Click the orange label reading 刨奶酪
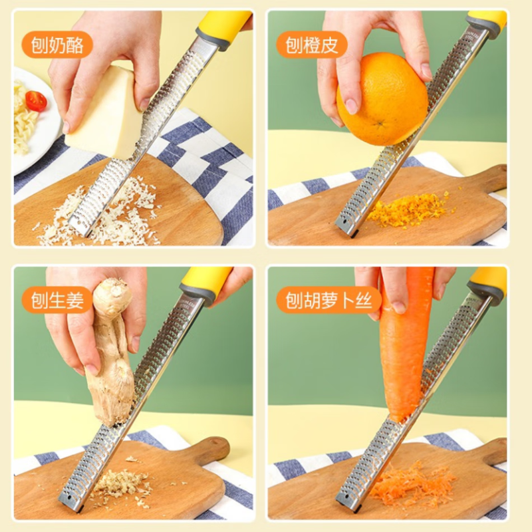click(x=57, y=45)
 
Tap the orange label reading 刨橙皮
click(x=312, y=45)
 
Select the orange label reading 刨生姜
click(x=57, y=301)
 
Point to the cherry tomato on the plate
click(x=36, y=101)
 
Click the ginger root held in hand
click(x=113, y=359)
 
